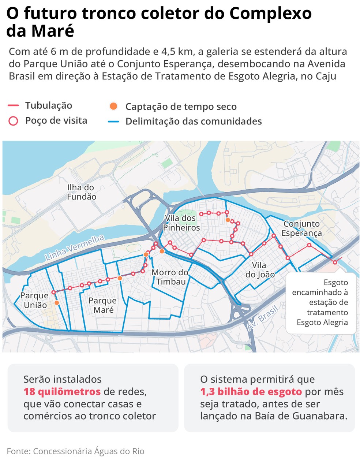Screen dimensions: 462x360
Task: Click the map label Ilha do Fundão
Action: click(x=81, y=192)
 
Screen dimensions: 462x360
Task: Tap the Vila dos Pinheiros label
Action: click(x=181, y=223)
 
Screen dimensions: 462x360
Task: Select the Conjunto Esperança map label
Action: click(x=301, y=228)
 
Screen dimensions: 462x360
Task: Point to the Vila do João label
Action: click(x=260, y=270)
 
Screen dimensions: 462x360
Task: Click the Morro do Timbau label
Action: click(x=170, y=277)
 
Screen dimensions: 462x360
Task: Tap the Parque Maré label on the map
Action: click(x=103, y=305)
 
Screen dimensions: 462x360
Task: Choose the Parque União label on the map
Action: click(x=35, y=300)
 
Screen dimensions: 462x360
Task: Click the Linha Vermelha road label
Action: click(x=75, y=248)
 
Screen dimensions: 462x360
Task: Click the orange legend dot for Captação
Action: click(x=113, y=107)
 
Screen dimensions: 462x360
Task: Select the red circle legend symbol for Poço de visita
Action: click(x=13, y=121)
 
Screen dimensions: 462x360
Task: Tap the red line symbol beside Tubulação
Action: click(x=13, y=106)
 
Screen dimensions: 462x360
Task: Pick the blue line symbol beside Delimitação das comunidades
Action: click(x=113, y=122)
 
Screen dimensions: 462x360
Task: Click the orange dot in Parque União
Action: click(x=57, y=303)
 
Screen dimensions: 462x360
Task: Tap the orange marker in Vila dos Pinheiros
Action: click(x=228, y=220)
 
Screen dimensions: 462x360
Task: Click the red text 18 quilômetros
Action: click(x=62, y=392)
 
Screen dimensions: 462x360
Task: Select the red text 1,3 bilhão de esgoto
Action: click(x=251, y=392)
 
